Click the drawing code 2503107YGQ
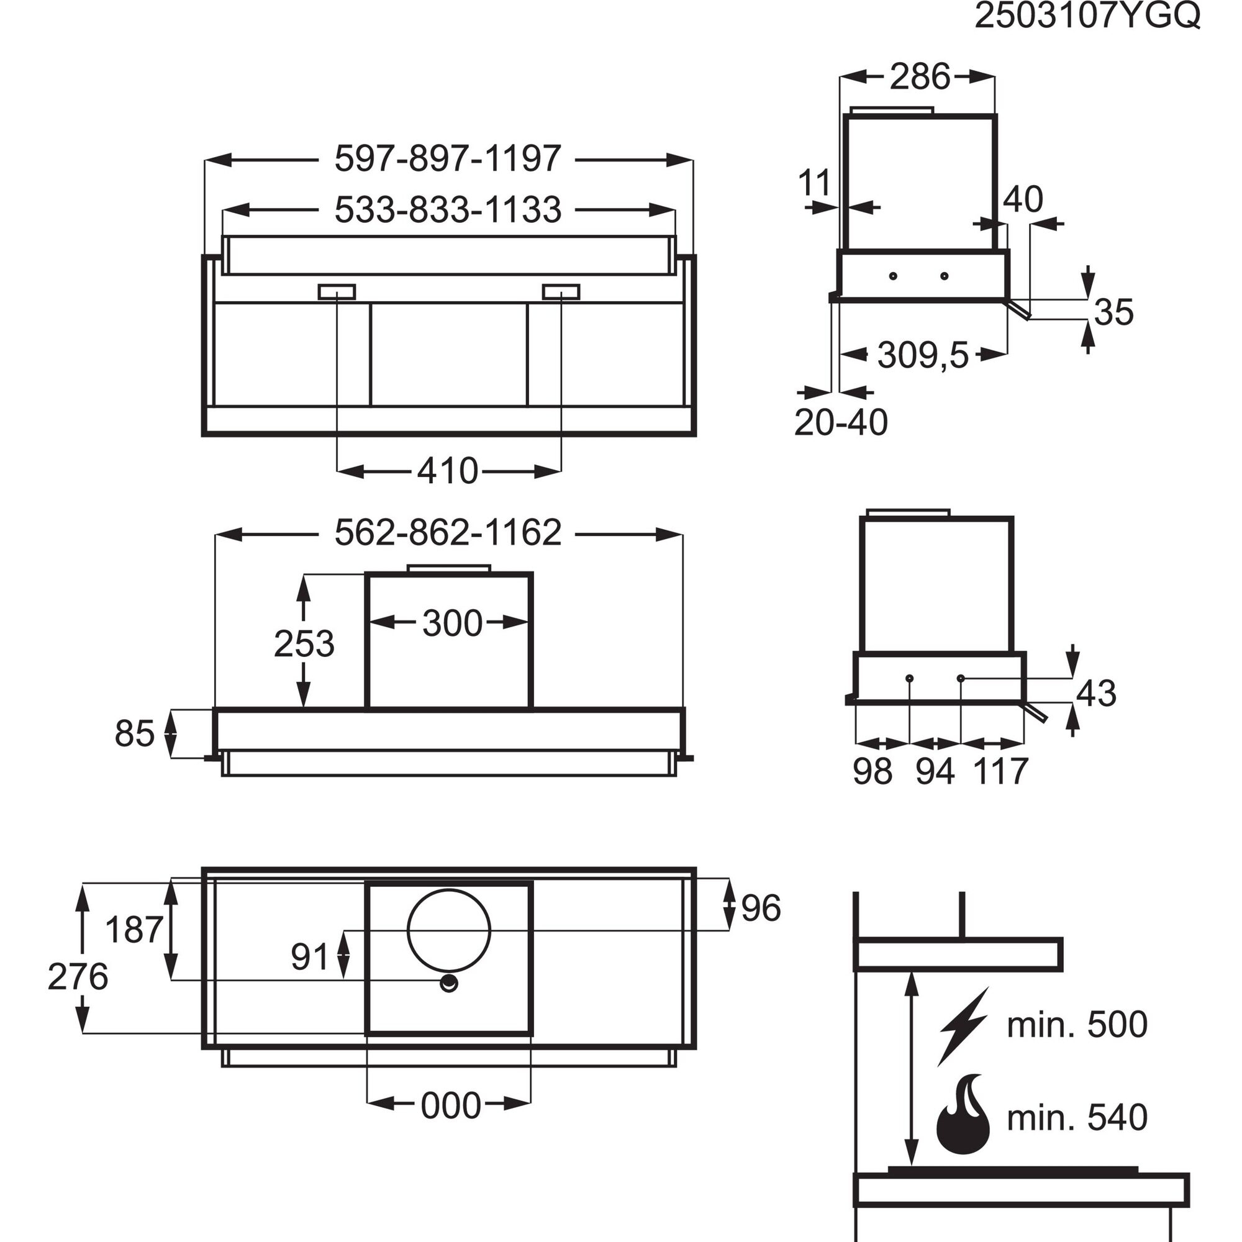(1087, 16)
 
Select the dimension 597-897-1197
(448, 159)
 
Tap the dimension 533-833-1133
(448, 209)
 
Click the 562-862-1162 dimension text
(448, 532)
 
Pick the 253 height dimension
(304, 643)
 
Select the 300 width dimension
(452, 623)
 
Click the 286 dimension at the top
(920, 76)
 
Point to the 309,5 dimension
(923, 355)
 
